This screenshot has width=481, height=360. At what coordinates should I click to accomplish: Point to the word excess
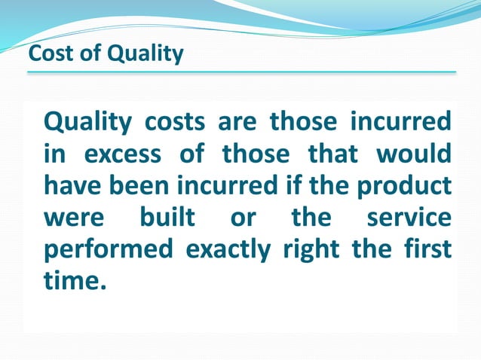[122, 154]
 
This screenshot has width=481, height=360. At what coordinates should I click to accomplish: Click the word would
[413, 154]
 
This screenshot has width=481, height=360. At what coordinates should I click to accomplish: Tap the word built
[167, 218]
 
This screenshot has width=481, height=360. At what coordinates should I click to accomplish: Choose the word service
[409, 218]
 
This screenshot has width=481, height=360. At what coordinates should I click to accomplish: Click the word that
[335, 154]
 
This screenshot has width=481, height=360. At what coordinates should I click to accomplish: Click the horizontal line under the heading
[241, 72]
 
